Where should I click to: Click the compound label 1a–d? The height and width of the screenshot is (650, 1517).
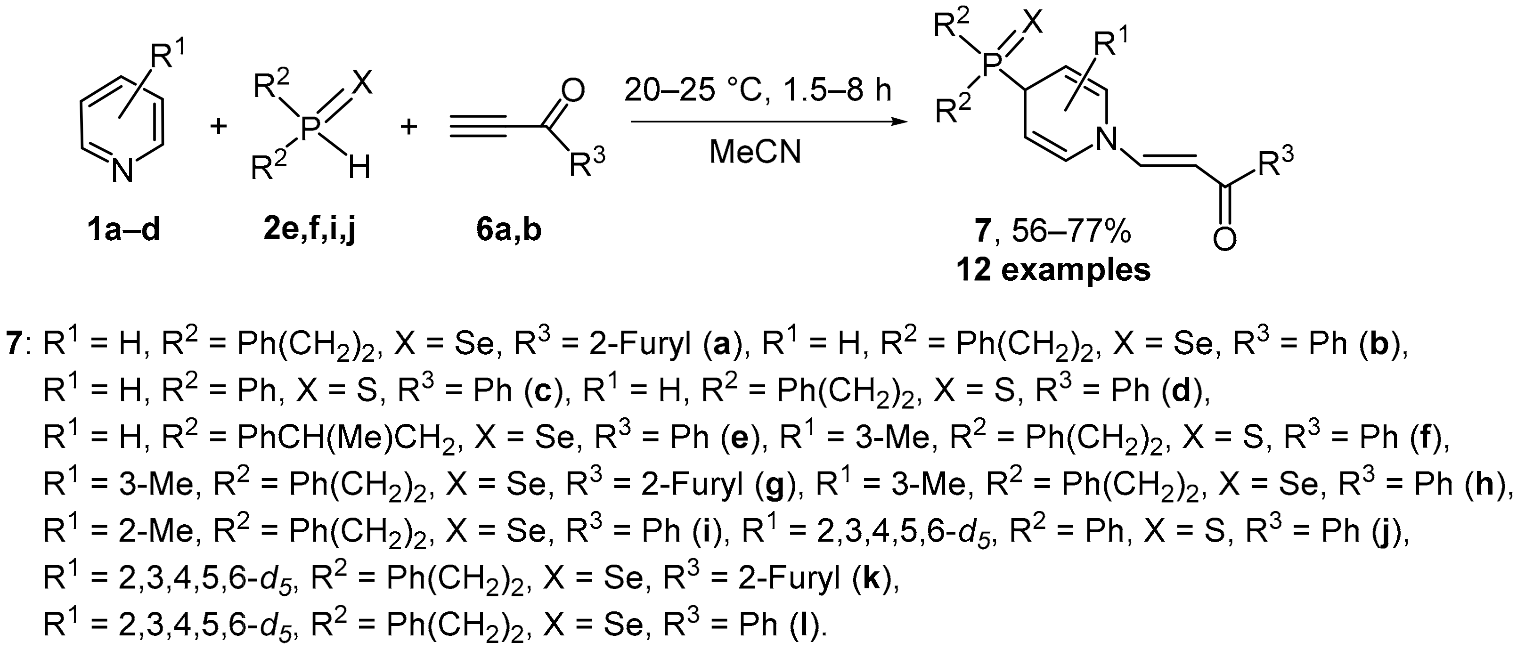click(123, 230)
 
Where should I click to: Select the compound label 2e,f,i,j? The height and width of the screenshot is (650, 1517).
click(310, 230)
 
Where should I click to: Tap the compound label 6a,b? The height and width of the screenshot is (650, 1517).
click(509, 230)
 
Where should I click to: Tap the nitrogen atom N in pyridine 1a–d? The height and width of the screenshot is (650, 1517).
click(122, 171)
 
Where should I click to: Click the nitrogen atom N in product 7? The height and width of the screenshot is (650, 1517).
click(1107, 139)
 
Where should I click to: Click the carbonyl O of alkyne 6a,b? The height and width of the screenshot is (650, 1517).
click(572, 92)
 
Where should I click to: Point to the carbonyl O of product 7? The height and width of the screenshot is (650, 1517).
click(1225, 238)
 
